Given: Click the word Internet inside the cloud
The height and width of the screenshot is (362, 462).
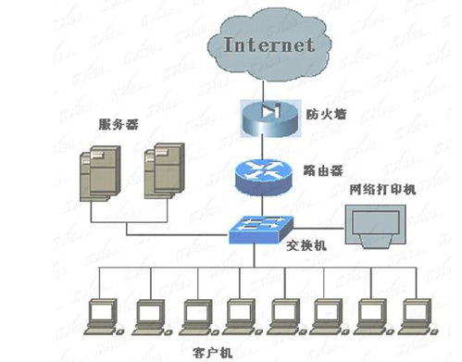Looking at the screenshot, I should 270,44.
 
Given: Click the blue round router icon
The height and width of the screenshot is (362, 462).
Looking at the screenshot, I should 268,174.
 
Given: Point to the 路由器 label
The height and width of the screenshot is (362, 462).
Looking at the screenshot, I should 324,171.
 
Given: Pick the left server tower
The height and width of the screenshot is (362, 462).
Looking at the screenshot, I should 100,171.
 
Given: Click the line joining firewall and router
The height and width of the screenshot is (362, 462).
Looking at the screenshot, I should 268,145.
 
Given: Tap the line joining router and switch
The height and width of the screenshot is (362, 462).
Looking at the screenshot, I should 268,204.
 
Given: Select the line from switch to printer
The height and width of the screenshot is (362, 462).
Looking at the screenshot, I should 319,227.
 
